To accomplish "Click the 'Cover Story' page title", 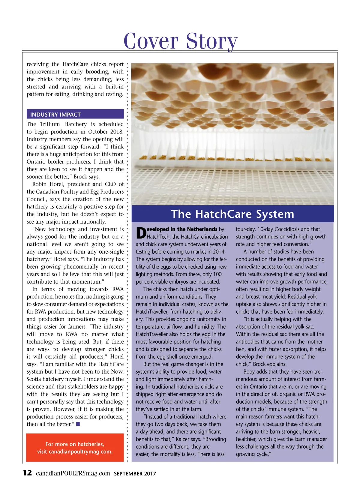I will pyautogui.click(x=180, y=41).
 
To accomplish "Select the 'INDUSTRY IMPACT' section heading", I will pyautogui.click(x=55, y=115).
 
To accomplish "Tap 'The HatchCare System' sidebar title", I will pyautogui.click(x=232, y=214).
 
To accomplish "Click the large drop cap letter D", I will pyautogui.click(x=141, y=234).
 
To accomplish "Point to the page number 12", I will pyautogui.click(x=27, y=473).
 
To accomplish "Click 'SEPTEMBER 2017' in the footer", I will pyautogui.click(x=135, y=474).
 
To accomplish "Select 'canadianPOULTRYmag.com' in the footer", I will pyautogui.click(x=73, y=473).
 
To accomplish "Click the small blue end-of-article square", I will pyautogui.click(x=78, y=424).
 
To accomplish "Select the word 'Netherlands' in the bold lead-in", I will pyautogui.click(x=202, y=229).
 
